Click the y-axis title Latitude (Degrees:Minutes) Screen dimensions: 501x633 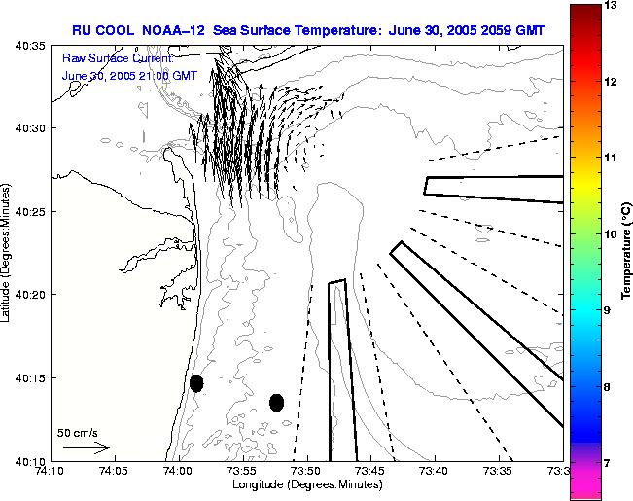[x=9, y=253]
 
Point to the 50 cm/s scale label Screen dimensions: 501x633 [x=78, y=433]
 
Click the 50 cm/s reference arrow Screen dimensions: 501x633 [x=86, y=448]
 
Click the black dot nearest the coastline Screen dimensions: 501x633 [x=196, y=383]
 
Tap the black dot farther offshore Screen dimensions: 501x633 [x=277, y=402]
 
